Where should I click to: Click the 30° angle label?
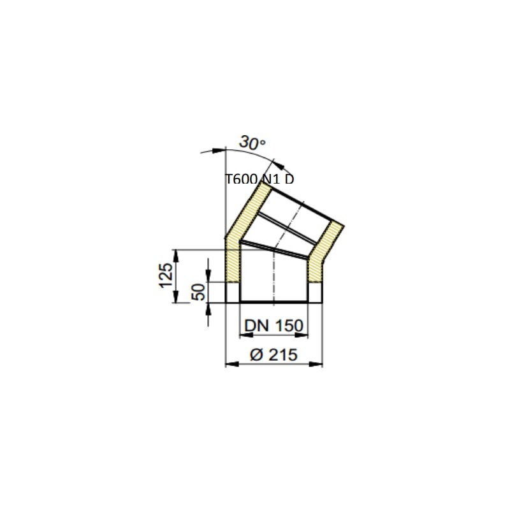coord(252,143)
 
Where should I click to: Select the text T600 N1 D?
coord(260,179)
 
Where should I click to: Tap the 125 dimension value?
coord(166,275)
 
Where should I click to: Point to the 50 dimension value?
coord(198,292)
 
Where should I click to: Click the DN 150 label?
coord(273,326)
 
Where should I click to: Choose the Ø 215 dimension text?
coord(274,355)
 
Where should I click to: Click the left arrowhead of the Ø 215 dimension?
coord(231,364)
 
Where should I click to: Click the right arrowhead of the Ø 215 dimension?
coord(318,364)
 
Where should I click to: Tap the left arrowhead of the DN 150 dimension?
coord(244,334)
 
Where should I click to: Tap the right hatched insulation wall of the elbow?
coord(315,268)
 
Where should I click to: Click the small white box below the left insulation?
coord(233,292)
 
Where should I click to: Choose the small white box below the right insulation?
coord(315,292)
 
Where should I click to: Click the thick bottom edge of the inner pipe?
coord(274,302)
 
